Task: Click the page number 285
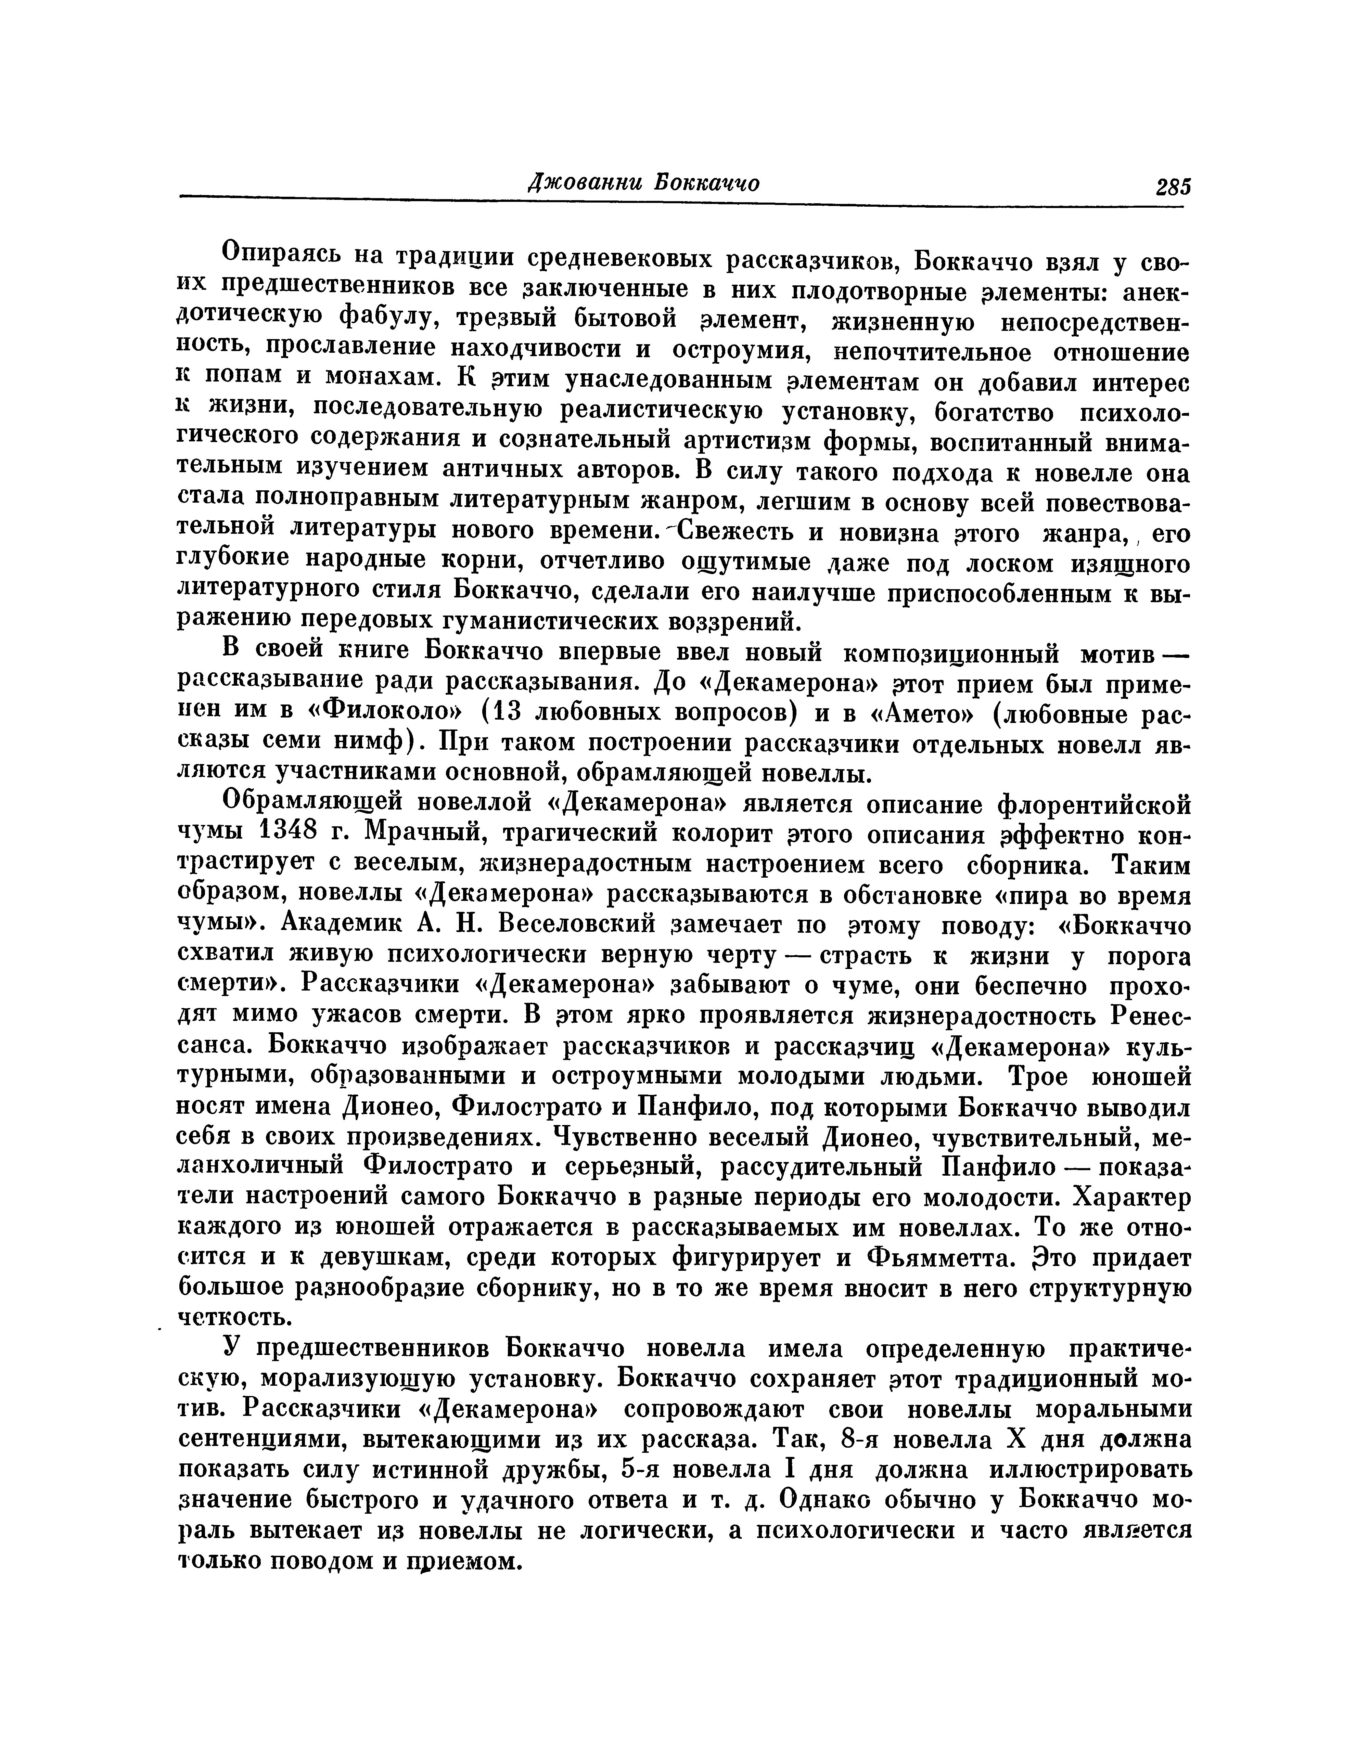[x=1173, y=187]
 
